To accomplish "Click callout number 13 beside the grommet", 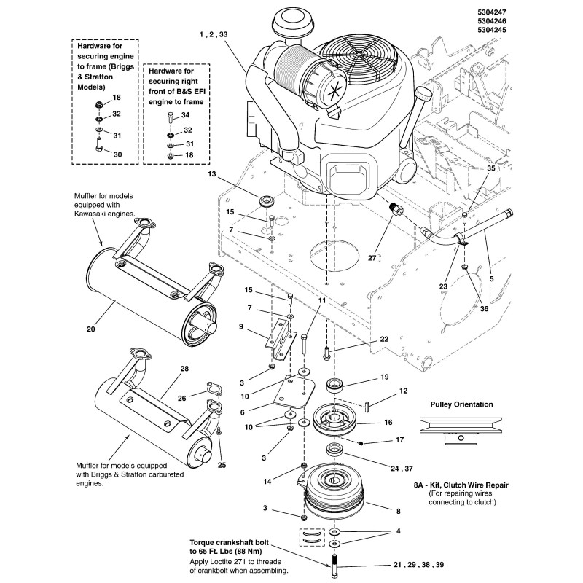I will click(x=212, y=174).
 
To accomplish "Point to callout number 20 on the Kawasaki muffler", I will click(x=91, y=328).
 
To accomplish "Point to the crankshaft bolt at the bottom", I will click(x=334, y=566).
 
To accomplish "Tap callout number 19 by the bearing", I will click(x=383, y=377).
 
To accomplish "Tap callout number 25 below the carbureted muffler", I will click(x=223, y=464).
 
